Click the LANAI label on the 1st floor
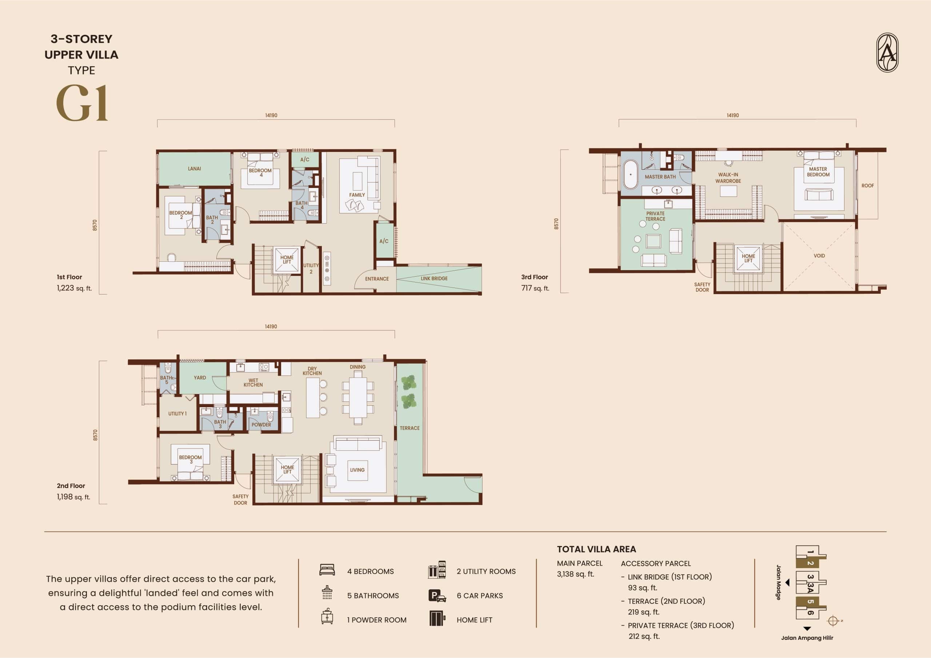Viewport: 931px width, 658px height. pyautogui.click(x=194, y=169)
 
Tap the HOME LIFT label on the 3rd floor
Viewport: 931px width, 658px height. pyautogui.click(x=748, y=258)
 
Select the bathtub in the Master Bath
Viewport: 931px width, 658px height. pyautogui.click(x=631, y=175)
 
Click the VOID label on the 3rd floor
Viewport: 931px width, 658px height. pyautogui.click(x=819, y=256)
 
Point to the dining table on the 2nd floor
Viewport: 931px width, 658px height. pyautogui.click(x=357, y=398)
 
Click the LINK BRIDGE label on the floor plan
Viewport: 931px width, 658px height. pyautogui.click(x=434, y=278)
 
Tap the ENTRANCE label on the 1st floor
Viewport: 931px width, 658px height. pyautogui.click(x=377, y=279)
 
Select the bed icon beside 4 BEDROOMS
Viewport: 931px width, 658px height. pyautogui.click(x=327, y=570)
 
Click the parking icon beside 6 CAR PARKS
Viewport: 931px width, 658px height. pyautogui.click(x=437, y=595)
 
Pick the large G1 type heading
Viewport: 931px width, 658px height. pyautogui.click(x=82, y=103)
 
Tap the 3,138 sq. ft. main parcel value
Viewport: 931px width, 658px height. pyautogui.click(x=575, y=574)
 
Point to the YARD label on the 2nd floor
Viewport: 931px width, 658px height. pyautogui.click(x=200, y=378)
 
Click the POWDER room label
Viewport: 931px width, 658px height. pyautogui.click(x=261, y=425)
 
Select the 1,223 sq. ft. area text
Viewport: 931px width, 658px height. pyautogui.click(x=74, y=288)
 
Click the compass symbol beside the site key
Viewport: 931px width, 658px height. pyautogui.click(x=833, y=621)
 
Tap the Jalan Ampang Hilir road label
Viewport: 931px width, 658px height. pyautogui.click(x=807, y=638)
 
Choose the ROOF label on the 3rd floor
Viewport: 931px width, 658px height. pyautogui.click(x=868, y=186)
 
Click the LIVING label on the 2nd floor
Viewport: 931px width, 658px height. pyautogui.click(x=357, y=470)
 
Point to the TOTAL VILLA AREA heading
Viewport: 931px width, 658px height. pyautogui.click(x=596, y=549)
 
